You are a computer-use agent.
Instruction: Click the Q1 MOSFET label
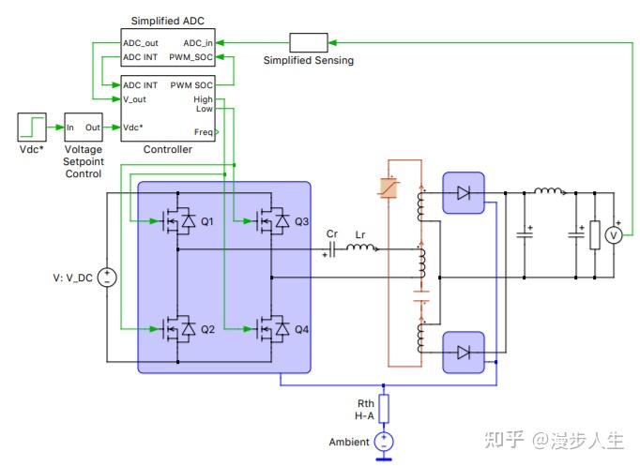207,221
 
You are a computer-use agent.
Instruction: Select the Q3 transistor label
301,221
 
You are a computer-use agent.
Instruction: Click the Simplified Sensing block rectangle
308,42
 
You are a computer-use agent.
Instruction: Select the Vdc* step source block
31,127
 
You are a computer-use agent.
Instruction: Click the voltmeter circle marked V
613,235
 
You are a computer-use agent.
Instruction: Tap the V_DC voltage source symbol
107,278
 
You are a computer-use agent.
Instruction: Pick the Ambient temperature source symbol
383,442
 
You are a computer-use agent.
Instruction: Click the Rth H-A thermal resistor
383,409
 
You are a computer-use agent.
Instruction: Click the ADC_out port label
140,42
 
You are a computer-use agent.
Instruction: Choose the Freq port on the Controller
202,132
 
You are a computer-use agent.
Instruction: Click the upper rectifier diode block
463,194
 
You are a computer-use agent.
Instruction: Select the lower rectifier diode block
463,353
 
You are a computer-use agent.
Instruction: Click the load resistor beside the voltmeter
594,235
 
